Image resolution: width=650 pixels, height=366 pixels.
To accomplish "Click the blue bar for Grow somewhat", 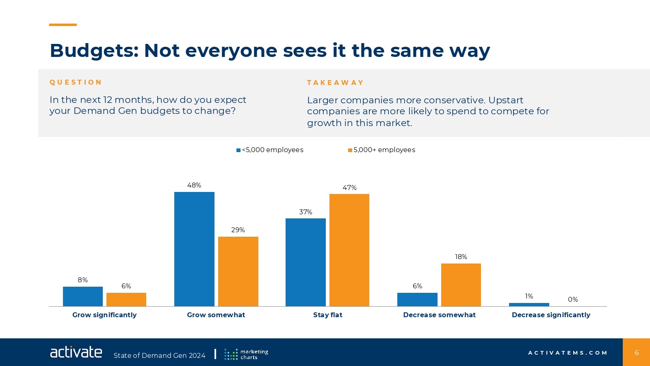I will click(194, 249).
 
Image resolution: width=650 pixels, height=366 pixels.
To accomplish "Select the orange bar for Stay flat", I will click(349, 250).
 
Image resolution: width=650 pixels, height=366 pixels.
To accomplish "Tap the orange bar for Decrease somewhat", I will click(461, 285).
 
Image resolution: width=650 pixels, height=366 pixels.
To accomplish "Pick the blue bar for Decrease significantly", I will click(529, 305).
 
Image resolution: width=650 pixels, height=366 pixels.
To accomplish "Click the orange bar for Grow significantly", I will click(126, 299).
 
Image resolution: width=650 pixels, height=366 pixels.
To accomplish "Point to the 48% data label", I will click(194, 185).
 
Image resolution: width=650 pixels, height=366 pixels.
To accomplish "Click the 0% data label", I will click(573, 300).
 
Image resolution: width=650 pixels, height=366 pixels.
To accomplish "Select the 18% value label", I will click(461, 257).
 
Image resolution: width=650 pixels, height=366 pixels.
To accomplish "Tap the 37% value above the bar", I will click(305, 212).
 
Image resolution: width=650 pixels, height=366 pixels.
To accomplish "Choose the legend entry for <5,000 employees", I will click(270, 150).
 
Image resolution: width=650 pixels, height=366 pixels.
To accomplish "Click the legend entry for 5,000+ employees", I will click(382, 150).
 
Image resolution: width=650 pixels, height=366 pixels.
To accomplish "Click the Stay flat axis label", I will click(328, 315).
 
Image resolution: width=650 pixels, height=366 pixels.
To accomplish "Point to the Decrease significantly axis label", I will click(551, 315).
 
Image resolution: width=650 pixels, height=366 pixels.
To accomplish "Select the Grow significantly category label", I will click(104, 315).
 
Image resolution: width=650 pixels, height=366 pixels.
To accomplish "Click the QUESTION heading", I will click(76, 82).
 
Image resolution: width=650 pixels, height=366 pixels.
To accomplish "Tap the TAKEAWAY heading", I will click(335, 83).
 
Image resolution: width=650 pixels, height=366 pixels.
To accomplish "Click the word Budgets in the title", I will click(94, 51).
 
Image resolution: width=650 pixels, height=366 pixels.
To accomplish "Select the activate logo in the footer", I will click(76, 352).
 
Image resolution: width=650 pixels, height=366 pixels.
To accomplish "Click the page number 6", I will click(637, 353).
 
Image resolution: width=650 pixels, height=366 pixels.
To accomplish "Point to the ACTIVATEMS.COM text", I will click(568, 353).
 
